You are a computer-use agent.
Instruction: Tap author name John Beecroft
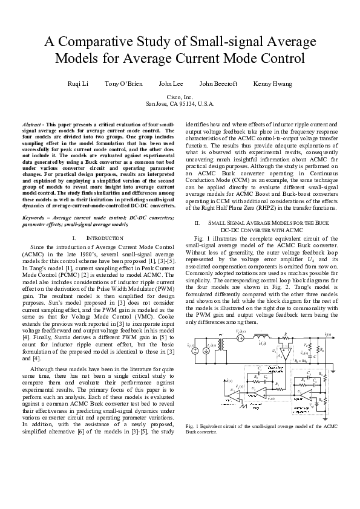tap(218, 83)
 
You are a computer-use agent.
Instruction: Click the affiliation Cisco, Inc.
tap(179, 97)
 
